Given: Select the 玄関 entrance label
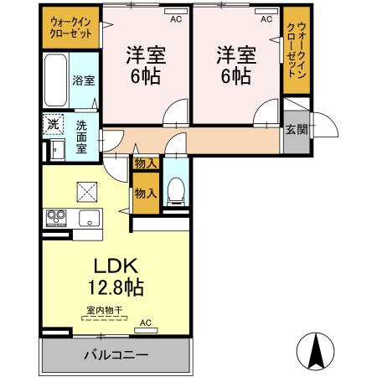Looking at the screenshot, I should point(295,130).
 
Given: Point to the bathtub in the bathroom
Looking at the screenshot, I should point(54,80).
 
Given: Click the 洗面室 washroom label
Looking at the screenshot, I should point(82,136).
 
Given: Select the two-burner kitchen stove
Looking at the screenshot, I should point(56,218).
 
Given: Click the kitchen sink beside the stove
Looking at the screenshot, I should point(88,219).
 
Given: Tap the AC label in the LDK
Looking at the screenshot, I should point(145,323).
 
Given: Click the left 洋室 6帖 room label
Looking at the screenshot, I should point(145,65).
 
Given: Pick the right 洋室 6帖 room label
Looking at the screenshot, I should point(235,65).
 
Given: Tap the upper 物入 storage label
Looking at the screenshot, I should point(144,164).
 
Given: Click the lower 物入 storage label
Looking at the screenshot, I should point(145,193).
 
